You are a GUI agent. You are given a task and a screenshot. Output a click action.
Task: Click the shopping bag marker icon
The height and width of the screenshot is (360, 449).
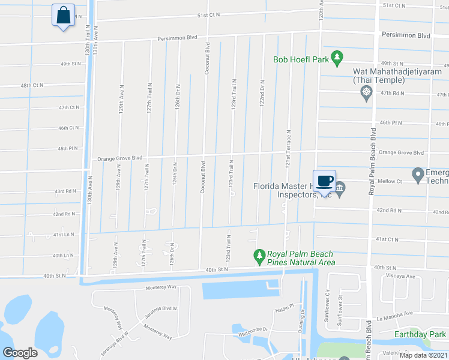(x=63, y=16)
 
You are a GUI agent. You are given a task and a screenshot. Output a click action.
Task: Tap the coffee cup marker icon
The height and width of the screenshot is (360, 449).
(x=324, y=180)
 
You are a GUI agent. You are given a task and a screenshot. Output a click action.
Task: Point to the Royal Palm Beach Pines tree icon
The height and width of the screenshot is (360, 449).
(x=259, y=257)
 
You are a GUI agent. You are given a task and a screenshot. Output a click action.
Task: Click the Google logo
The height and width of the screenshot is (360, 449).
(x=20, y=353)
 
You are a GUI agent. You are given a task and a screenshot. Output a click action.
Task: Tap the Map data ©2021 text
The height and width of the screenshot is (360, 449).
(x=423, y=355)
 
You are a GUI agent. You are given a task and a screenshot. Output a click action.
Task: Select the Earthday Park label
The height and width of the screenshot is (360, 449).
(x=420, y=334)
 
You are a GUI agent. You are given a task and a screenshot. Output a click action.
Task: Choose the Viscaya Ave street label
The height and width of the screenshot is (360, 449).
(x=402, y=277)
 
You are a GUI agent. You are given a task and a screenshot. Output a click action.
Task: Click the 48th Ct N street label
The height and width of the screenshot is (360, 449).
(x=32, y=86)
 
